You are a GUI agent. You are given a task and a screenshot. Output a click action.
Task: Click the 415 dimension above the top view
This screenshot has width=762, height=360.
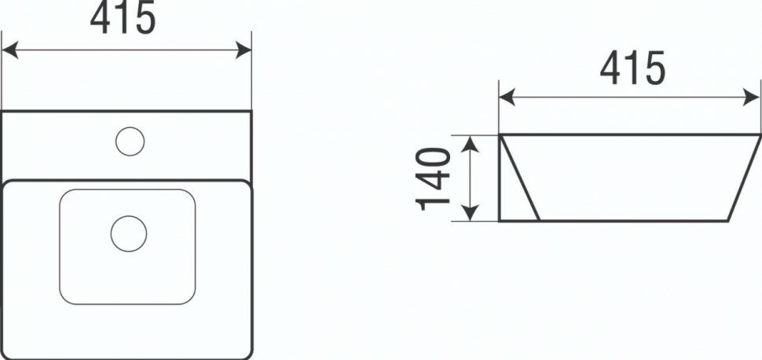tap(123, 18)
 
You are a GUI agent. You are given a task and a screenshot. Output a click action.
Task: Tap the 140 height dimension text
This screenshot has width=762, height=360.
tap(434, 178)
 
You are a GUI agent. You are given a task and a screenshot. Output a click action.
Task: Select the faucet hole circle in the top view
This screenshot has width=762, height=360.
tap(130, 141)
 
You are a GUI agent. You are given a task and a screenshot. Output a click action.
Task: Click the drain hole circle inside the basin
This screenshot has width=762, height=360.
tap(129, 233)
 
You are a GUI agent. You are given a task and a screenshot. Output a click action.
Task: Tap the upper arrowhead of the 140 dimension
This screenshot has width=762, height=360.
tap(470, 142)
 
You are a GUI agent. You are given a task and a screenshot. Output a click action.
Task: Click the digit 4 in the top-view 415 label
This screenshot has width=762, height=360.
tap(101, 18)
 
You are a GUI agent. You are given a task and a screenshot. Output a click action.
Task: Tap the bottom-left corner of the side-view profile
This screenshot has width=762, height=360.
tap(500, 221)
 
